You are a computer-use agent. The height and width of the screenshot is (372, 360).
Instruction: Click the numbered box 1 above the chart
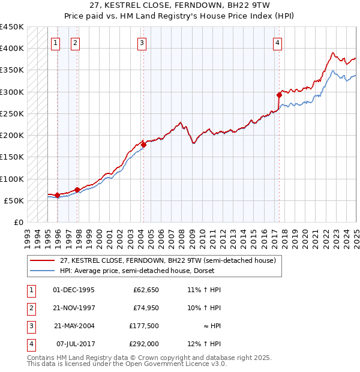55,43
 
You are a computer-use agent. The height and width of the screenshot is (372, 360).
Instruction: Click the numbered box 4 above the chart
278,43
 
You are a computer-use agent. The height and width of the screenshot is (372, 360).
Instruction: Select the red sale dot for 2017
279,95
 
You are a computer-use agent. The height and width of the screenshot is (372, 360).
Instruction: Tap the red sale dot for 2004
144,145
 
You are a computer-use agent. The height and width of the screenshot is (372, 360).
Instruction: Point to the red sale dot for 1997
77,190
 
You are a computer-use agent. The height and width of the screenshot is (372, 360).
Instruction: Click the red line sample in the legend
42,261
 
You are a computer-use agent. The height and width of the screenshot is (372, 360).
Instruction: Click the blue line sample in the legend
42,271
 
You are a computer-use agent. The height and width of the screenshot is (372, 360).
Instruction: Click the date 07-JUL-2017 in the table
75,344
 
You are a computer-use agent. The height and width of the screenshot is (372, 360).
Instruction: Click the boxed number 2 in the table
29,308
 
